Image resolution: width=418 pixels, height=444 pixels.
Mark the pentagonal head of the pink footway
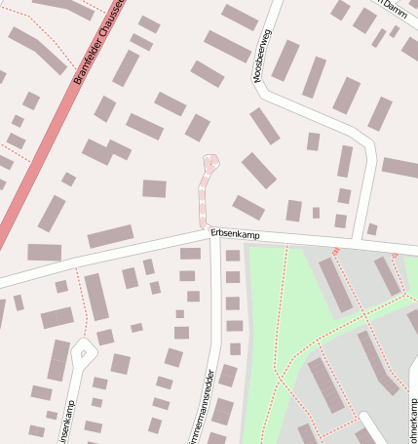[x=209, y=163]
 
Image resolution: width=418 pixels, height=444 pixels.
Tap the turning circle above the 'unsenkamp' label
[x=84, y=352]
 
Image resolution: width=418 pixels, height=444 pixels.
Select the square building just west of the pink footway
[x=154, y=188]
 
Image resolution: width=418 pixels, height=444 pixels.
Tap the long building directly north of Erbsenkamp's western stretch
[x=110, y=236]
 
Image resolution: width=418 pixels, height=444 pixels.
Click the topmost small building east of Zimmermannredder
[x=233, y=256]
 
